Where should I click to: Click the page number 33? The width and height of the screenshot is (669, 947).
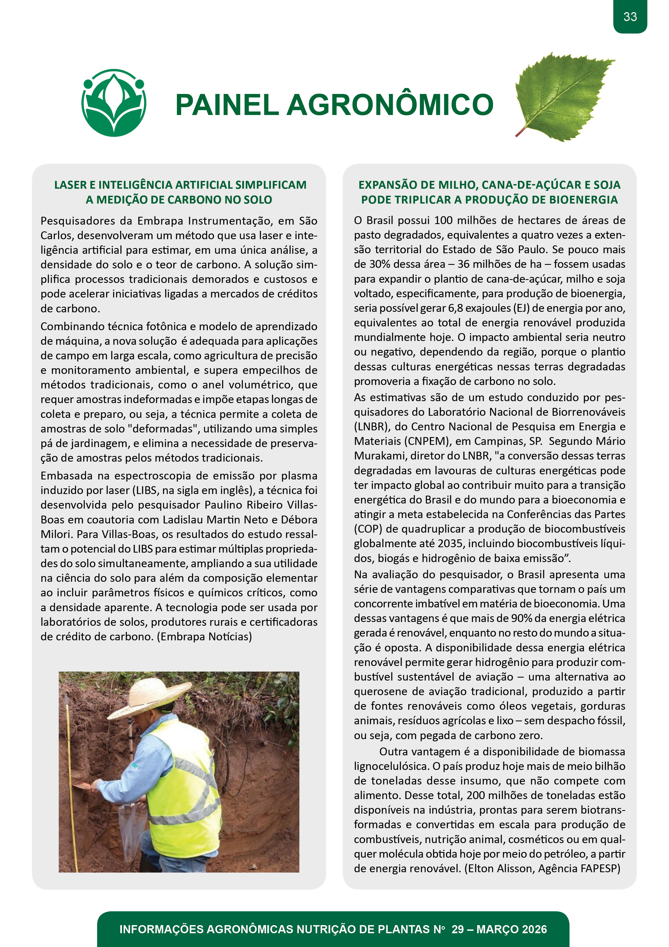coord(630,17)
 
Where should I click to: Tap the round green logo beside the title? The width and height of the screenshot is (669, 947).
coord(114,103)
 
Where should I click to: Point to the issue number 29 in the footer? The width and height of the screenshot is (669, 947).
coord(458,929)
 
